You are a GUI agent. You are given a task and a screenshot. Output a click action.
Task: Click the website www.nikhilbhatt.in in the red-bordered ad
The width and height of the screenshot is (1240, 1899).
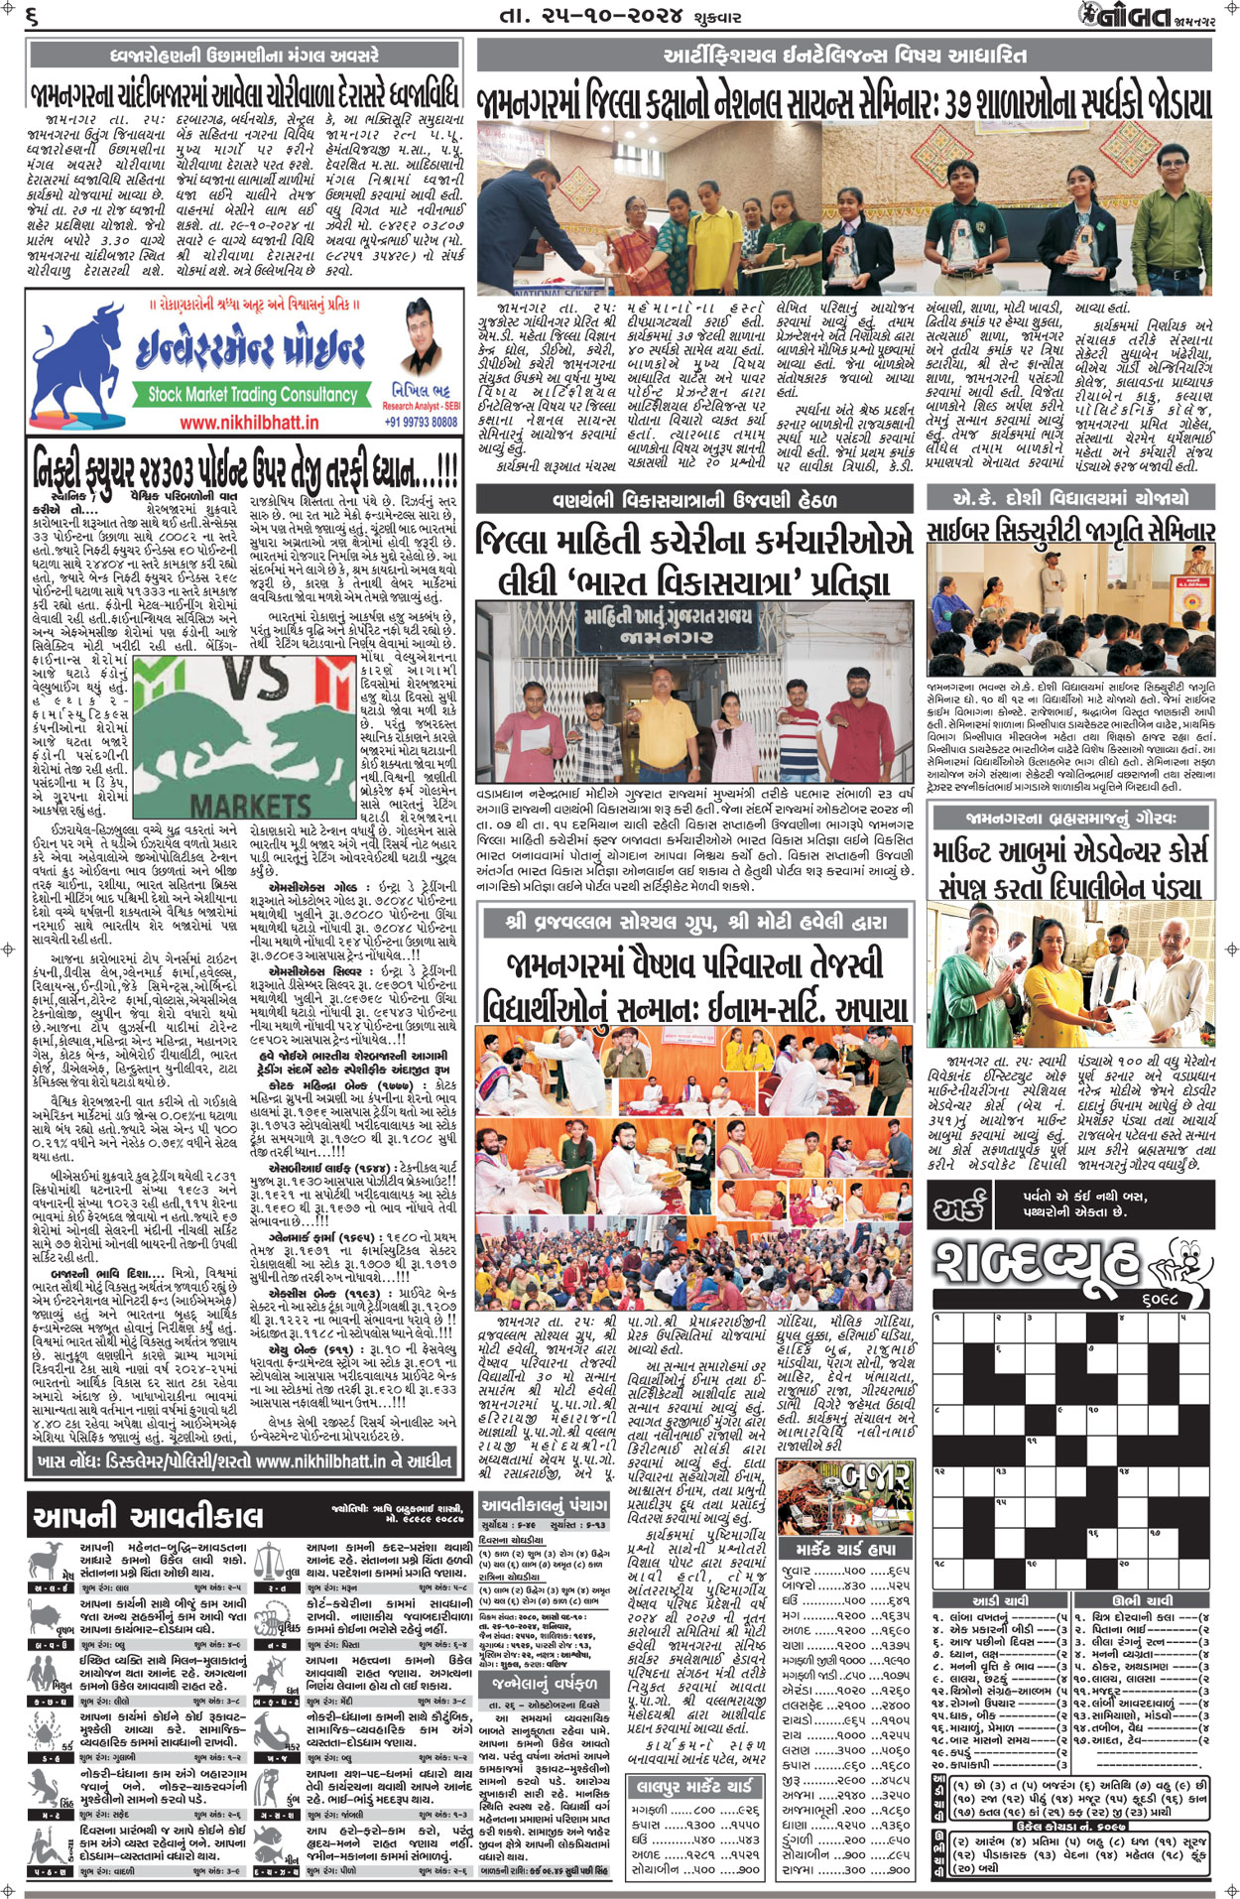[250, 422]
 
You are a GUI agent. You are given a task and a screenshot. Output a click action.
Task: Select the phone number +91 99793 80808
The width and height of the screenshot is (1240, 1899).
[421, 422]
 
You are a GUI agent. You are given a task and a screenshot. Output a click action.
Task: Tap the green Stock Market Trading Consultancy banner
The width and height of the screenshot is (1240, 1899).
[251, 394]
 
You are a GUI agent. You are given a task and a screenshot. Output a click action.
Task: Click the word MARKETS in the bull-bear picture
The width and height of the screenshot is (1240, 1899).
[250, 804]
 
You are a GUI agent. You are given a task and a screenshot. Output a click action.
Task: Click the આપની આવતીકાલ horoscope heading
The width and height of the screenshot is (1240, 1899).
[149, 1516]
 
